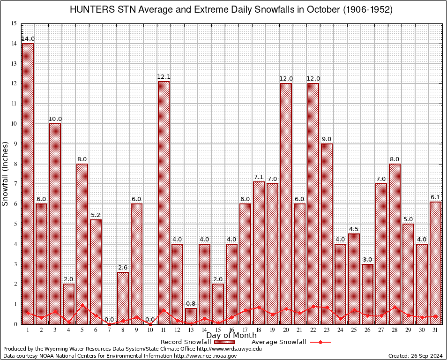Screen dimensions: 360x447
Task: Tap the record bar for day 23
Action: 327,234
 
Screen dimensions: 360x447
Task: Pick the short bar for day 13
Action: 191,316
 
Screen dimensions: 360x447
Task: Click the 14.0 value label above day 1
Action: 28,38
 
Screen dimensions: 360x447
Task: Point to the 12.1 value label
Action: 164,76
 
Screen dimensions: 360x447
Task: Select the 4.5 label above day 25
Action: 354,229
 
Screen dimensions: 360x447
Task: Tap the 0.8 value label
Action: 191,303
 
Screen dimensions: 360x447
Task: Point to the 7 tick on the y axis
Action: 15,184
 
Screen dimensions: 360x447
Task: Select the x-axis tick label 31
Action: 436,330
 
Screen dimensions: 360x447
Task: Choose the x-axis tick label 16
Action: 232,330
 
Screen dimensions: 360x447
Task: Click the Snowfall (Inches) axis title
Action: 6,173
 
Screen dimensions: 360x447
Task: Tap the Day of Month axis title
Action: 231,336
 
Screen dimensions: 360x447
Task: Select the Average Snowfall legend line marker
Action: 320,342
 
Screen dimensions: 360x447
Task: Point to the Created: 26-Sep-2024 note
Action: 416,356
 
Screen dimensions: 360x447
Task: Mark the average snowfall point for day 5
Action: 82,305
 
